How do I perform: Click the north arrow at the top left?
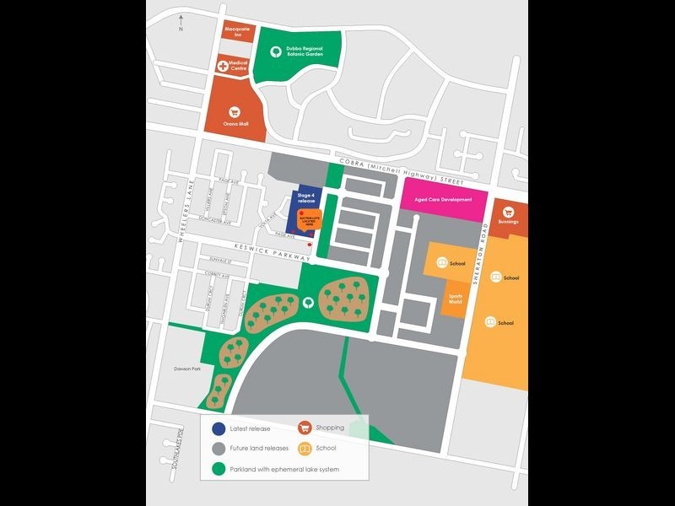pyautogui.click(x=180, y=23)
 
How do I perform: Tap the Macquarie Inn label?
pyautogui.click(x=237, y=32)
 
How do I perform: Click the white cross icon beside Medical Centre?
pyautogui.click(x=222, y=64)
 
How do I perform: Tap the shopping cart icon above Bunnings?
pyautogui.click(x=508, y=211)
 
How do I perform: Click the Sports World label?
pyautogui.click(x=456, y=299)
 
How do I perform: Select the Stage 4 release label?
pyautogui.click(x=305, y=199)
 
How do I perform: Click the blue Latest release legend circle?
pyautogui.click(x=219, y=428)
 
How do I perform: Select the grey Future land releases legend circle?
pyautogui.click(x=219, y=448)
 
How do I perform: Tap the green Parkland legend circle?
pyautogui.click(x=219, y=469)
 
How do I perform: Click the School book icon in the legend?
pyautogui.click(x=305, y=449)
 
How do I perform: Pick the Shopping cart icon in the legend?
pyautogui.click(x=305, y=428)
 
